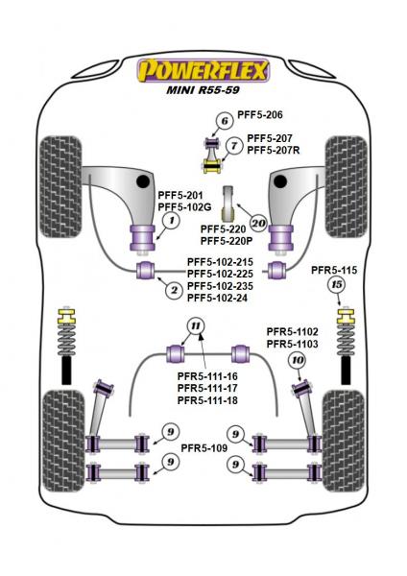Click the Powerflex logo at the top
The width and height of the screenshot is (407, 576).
pos(203,70)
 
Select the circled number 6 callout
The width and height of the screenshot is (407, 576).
pos(223,121)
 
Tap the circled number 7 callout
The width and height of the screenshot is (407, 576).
pos(234,145)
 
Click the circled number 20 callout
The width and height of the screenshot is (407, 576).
pos(256,222)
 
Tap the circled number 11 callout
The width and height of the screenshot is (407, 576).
pos(196,326)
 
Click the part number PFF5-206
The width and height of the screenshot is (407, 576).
pos(262,116)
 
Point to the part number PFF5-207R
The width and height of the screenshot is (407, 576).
pos(274,151)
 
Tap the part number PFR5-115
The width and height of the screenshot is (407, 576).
pos(335,270)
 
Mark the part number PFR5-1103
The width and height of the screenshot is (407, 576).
pos(296,344)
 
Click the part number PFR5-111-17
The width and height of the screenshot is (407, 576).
pos(208,389)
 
